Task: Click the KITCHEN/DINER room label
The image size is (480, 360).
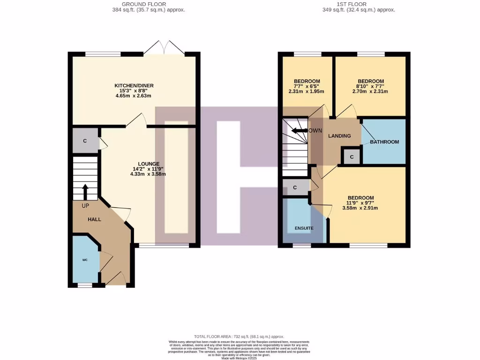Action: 134,85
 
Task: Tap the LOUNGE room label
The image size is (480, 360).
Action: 148,164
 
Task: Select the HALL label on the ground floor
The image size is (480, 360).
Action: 94,219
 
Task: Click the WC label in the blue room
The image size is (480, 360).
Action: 85,259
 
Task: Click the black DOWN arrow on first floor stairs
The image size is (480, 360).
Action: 298,131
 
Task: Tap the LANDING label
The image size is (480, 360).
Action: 339,136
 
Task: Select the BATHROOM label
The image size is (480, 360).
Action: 384,142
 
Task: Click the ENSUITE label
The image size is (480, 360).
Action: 304,228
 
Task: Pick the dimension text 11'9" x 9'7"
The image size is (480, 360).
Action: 362,203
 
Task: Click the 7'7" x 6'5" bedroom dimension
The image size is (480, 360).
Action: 307,86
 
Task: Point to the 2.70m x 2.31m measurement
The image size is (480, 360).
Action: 370,91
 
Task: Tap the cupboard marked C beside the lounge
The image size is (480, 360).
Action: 85,141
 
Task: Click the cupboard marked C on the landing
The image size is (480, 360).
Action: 352,157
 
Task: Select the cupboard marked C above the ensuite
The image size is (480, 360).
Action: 295,187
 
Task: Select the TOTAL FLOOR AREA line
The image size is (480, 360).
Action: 239,337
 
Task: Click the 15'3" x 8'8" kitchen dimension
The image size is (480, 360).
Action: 134,90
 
